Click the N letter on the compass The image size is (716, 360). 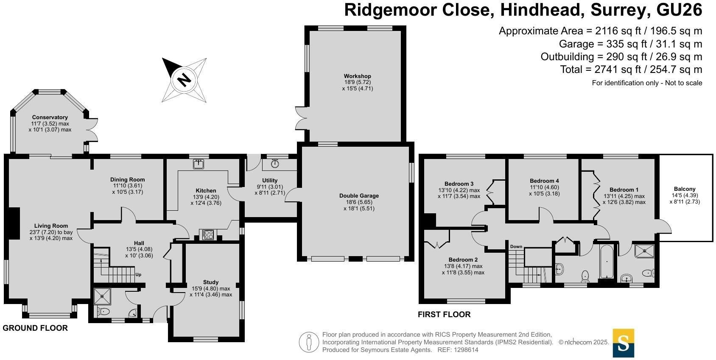184,80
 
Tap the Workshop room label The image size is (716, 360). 357,76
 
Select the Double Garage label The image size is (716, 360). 359,196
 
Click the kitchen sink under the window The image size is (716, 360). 198,164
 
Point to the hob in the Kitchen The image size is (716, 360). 208,234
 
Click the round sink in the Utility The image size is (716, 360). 275,163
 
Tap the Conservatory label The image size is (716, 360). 50,117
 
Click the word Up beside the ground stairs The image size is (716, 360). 138,275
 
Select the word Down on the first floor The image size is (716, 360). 516,247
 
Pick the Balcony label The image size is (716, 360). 685,189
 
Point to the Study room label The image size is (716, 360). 211,282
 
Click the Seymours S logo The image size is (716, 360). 623,343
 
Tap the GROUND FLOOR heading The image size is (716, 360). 35,328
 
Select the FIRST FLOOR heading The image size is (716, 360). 444,315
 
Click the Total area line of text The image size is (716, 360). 631,70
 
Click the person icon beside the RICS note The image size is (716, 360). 309,343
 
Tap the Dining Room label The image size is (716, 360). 127,180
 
